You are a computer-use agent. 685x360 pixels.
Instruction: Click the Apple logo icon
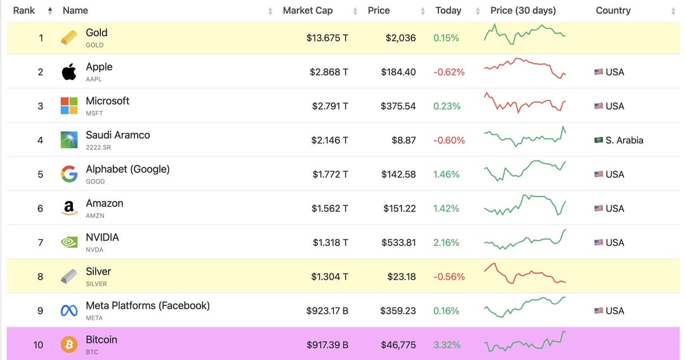point(69,72)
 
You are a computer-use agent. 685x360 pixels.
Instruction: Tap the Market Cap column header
point(308,11)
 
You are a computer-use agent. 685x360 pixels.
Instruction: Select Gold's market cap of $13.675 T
point(327,38)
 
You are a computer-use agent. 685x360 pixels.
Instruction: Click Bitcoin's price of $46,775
point(398,345)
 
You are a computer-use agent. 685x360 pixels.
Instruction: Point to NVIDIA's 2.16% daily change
point(447,242)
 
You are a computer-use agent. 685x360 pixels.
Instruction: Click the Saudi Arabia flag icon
point(599,140)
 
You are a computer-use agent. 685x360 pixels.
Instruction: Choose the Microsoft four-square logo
point(69,106)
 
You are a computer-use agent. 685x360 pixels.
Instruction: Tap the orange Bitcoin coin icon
point(69,345)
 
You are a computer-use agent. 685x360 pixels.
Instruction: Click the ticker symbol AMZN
point(95,215)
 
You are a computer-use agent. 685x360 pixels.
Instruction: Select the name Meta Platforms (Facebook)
point(148,305)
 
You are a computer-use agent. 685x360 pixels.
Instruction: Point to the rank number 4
point(41,140)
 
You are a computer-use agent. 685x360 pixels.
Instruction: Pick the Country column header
point(613,11)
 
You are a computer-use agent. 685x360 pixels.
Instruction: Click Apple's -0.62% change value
point(449,72)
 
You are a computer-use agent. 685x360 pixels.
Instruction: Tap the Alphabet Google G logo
point(69,174)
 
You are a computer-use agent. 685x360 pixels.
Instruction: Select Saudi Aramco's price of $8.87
point(403,140)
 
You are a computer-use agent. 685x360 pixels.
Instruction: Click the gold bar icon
point(69,38)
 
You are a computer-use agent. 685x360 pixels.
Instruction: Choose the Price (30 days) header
point(523,11)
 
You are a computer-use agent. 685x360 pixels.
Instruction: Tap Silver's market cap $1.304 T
point(330,276)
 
